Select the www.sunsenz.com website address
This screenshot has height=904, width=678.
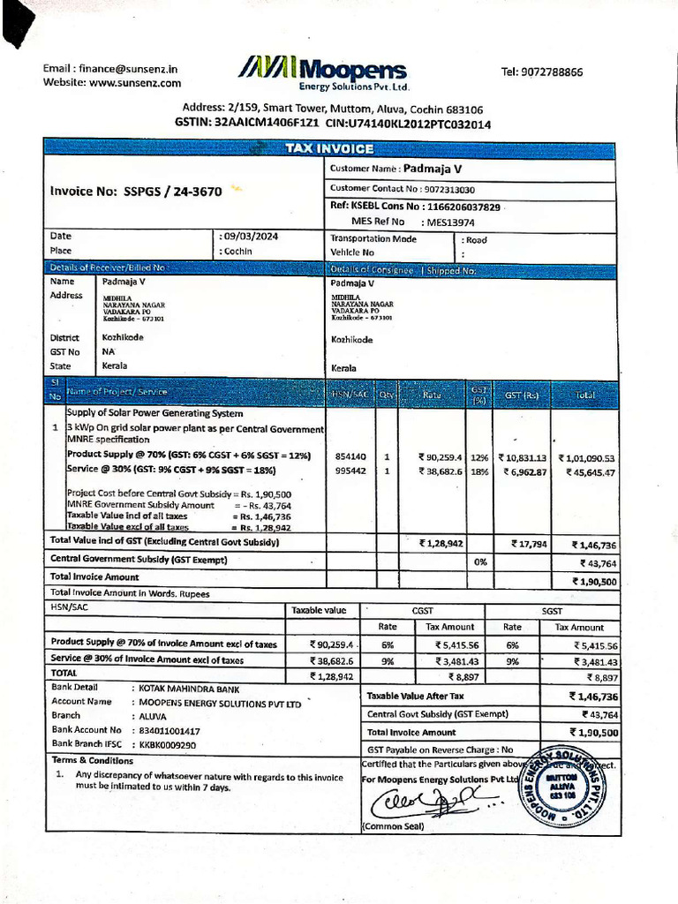[x=135, y=83]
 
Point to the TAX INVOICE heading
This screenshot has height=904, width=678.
[x=329, y=149]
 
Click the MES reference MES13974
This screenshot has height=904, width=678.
[x=451, y=222]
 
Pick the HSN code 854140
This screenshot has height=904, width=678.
[x=350, y=457]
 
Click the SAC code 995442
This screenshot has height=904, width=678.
[x=350, y=471]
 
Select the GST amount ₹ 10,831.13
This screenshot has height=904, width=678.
[x=523, y=457]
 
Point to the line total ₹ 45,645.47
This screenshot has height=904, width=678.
[x=586, y=472]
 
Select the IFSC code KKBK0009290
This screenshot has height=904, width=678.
[x=168, y=745]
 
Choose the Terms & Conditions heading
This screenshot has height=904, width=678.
[x=93, y=760]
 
